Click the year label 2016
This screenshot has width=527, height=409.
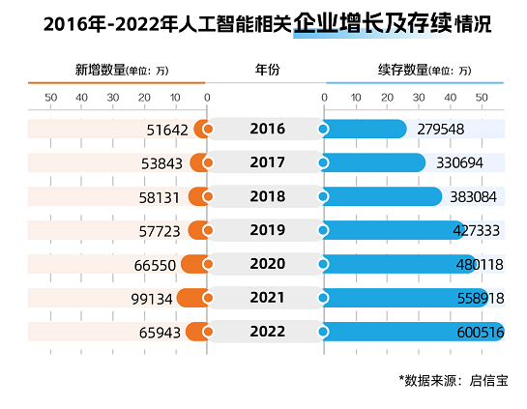click(x=267, y=129)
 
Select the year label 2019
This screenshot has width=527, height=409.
click(x=267, y=230)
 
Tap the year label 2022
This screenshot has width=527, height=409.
click(x=267, y=332)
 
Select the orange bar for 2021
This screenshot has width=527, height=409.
click(x=191, y=298)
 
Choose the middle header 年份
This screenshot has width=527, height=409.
click(x=267, y=71)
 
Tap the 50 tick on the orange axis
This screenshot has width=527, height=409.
click(x=50, y=98)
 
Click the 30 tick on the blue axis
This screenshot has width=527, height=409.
click(x=419, y=98)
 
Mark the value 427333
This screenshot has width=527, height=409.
click(x=476, y=230)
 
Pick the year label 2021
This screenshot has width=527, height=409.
click(x=267, y=298)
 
